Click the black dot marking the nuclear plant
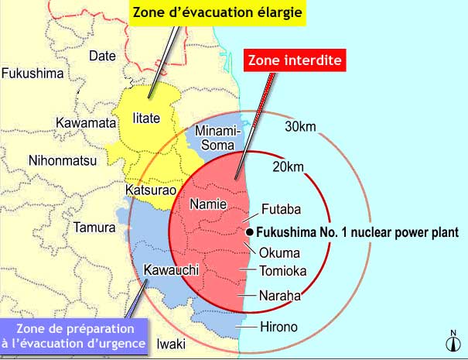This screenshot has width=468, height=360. [250, 231]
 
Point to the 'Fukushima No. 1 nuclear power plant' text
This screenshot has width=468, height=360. [357, 231]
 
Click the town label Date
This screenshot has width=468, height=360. [102, 55]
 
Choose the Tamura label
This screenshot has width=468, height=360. [94, 228]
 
